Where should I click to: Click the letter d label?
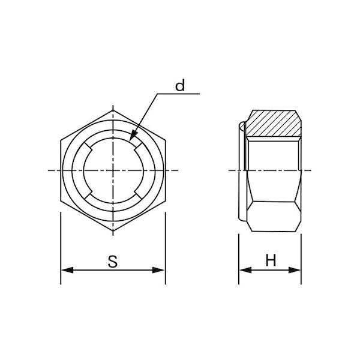point(180,85)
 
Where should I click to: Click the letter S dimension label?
point(113,261)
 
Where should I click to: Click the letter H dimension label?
point(271,260)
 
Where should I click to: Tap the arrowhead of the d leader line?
point(133,136)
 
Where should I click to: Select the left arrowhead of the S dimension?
point(67,270)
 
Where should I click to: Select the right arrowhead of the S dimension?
point(158,270)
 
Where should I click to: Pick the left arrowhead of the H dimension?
point(245,270)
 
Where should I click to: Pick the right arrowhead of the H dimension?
point(295,270)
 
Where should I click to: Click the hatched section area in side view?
point(274,123)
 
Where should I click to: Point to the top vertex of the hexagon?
point(113,110)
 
